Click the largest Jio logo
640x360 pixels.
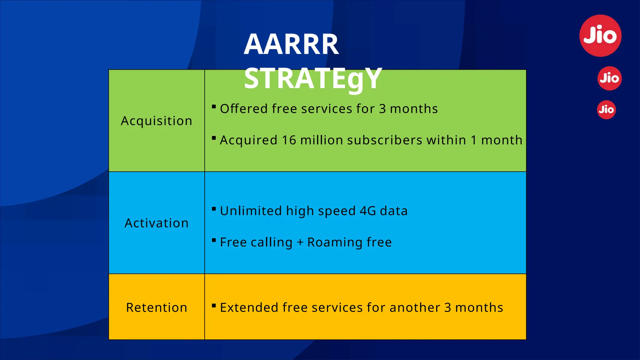click(600, 36)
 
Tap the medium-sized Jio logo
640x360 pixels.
click(609, 78)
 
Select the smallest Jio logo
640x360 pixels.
click(606, 110)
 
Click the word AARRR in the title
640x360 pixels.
click(291, 44)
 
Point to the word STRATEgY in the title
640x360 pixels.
click(313, 78)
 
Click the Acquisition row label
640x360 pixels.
click(157, 121)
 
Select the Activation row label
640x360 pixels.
click(157, 223)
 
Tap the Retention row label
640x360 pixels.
click(157, 307)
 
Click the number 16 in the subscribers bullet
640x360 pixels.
click(289, 140)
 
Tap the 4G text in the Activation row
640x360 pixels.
click(368, 211)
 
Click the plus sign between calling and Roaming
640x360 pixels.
click(300, 242)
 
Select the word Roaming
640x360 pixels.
click(335, 242)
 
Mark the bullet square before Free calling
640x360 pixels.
click(214, 240)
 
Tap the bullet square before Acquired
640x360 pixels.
click(214, 138)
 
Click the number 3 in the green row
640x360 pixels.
click(382, 109)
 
